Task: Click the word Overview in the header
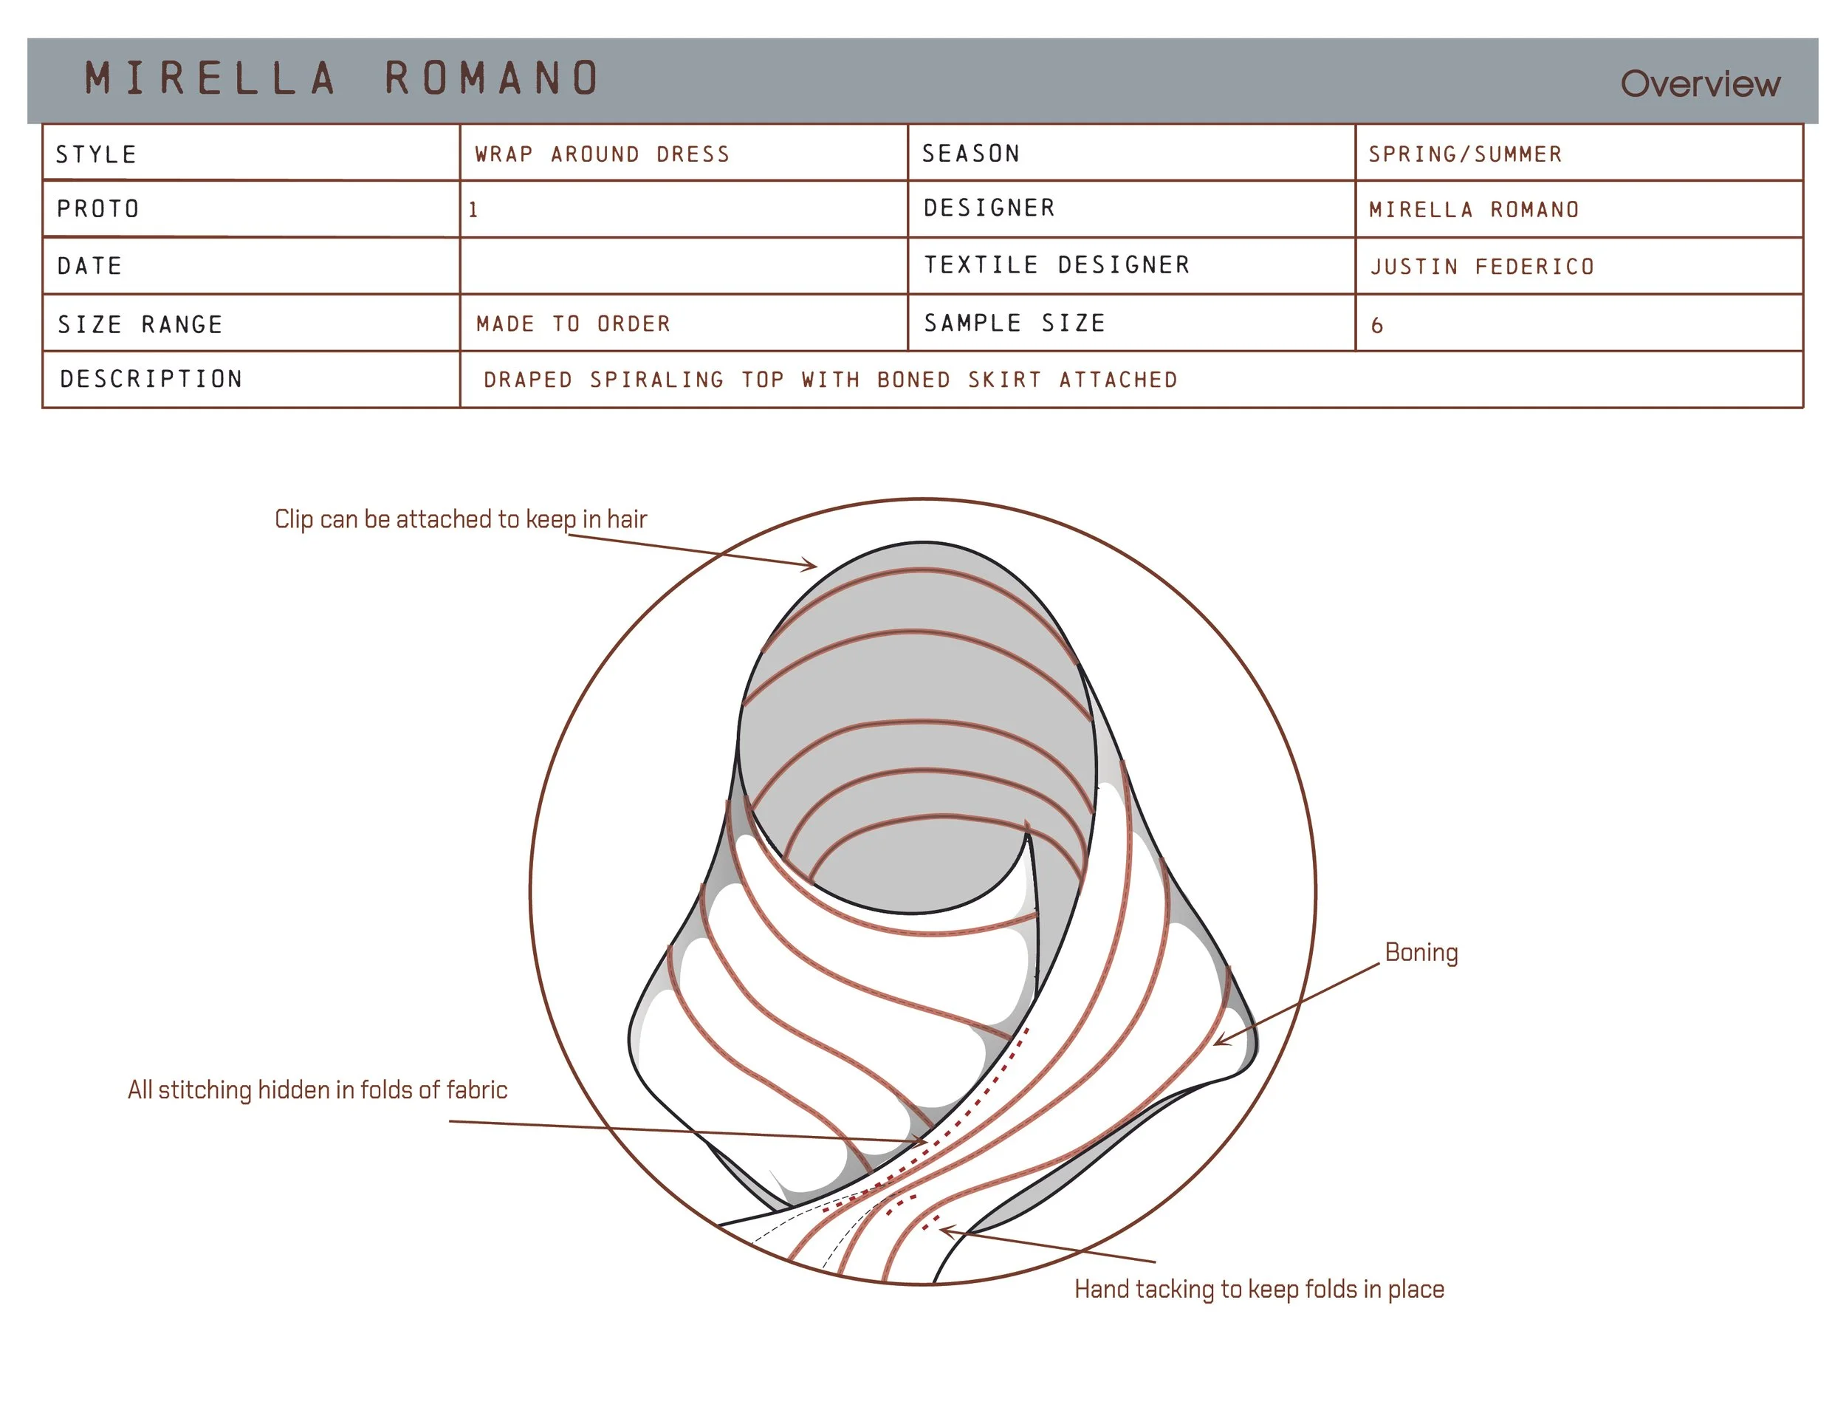click(x=1700, y=83)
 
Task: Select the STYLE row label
click(x=96, y=154)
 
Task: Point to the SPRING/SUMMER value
click(x=1466, y=154)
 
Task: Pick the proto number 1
click(x=473, y=210)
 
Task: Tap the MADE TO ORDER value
click(x=573, y=324)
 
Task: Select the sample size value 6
click(x=1377, y=326)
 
